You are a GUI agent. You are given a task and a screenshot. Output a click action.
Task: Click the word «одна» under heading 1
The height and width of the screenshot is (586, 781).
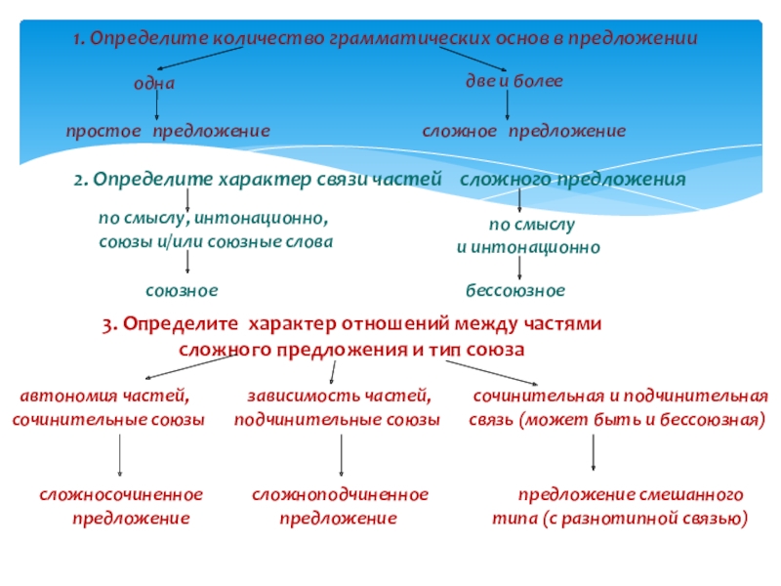point(154,84)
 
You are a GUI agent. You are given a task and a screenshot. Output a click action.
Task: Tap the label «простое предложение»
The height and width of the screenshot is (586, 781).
point(168,131)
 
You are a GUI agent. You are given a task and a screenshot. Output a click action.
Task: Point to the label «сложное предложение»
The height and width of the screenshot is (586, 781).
point(524,131)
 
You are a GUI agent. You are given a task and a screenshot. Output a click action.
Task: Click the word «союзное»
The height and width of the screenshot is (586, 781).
point(182,291)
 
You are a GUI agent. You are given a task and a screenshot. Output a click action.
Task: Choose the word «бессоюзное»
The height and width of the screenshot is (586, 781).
point(514,291)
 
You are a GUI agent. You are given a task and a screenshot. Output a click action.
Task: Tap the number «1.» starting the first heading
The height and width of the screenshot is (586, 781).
point(80,39)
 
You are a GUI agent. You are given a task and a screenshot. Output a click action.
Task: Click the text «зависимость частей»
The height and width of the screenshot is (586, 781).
point(339,397)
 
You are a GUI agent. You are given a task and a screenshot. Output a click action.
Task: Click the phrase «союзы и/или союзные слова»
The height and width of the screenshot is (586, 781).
point(216,240)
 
